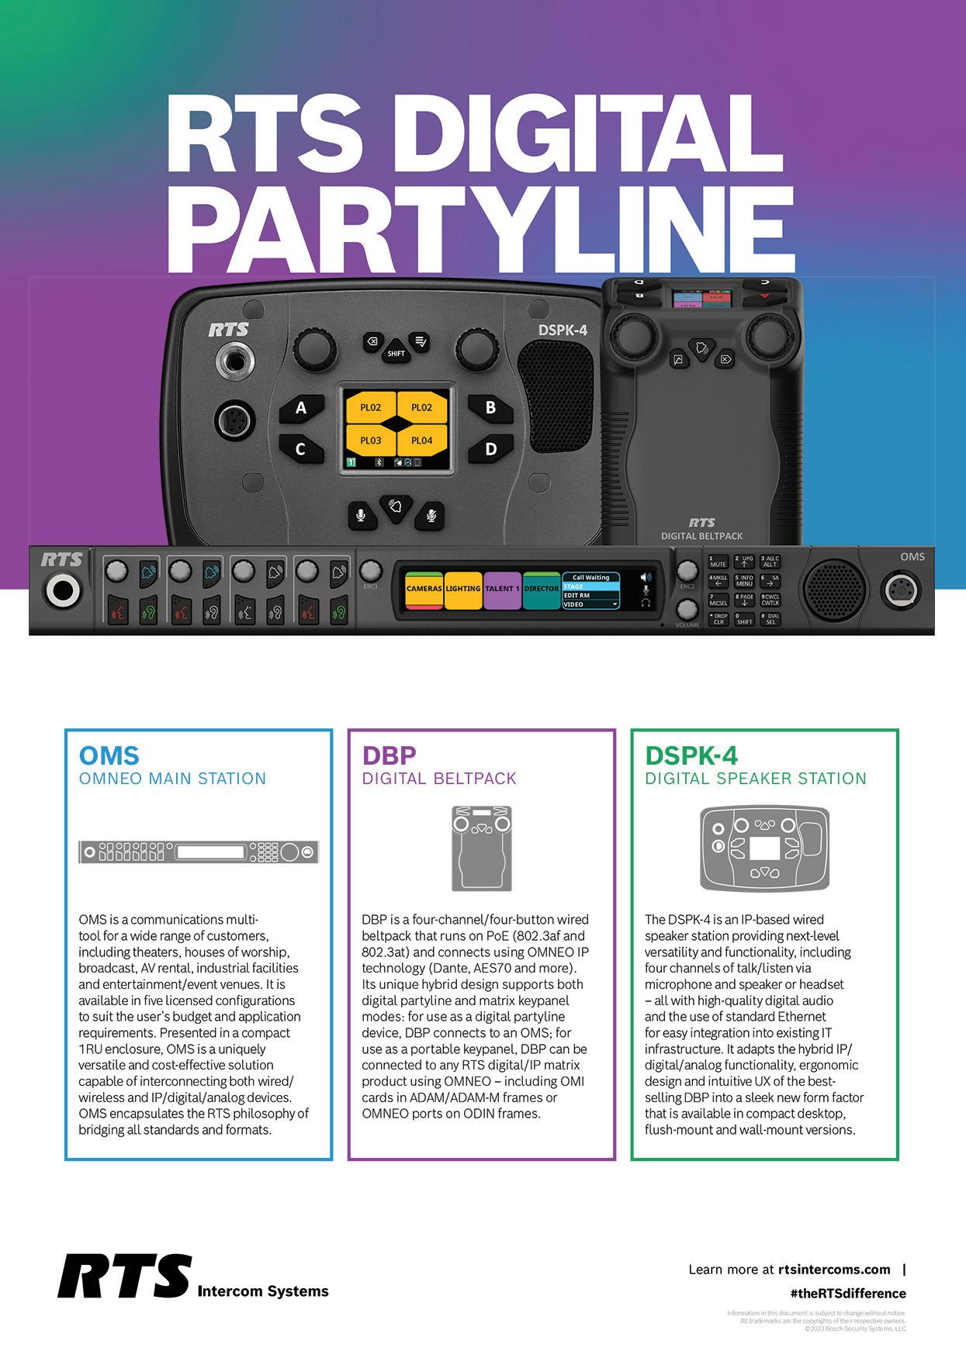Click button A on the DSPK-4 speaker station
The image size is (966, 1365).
point(301,407)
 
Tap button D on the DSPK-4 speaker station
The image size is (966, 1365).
point(490,448)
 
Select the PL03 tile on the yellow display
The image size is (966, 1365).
point(371,441)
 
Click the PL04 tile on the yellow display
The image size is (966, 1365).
point(421,441)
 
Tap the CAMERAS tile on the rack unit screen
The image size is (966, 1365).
point(424,589)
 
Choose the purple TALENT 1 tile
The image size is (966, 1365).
point(503,589)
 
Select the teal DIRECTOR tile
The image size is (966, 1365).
point(542,589)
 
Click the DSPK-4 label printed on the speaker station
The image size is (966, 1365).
point(563,330)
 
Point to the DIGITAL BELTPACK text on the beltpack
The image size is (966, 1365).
point(701,536)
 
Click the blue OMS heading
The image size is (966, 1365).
point(109,755)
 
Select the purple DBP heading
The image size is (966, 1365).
point(390,755)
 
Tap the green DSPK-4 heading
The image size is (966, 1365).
point(691,755)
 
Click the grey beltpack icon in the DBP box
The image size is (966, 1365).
point(482,848)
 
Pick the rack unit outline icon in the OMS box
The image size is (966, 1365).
point(199,852)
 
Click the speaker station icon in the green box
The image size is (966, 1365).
point(764,848)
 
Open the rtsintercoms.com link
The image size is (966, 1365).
point(834,1270)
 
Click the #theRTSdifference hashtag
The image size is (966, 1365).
point(847,1294)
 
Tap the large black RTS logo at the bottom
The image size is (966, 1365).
point(124,1276)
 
